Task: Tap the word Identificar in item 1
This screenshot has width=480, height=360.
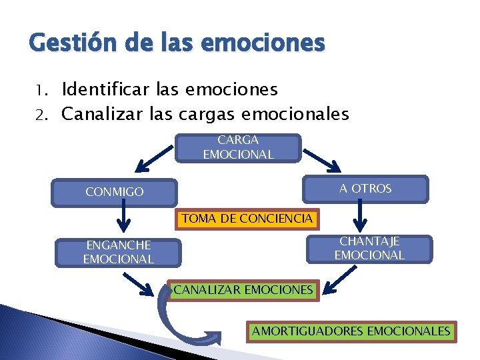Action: [105, 89]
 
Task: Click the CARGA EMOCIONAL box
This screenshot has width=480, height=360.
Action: [238, 147]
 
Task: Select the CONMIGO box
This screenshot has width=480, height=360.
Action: [115, 192]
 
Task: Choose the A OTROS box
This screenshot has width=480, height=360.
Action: [365, 189]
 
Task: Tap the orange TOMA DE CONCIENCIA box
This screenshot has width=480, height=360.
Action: [247, 218]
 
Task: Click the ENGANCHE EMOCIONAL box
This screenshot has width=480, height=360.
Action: [118, 252]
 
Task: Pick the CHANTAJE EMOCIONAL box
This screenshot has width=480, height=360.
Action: [369, 249]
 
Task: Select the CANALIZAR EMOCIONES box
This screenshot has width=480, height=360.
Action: [242, 290]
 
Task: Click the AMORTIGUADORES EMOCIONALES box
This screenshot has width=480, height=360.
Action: [351, 331]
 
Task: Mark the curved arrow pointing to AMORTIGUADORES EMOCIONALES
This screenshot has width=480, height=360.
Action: [177, 320]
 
